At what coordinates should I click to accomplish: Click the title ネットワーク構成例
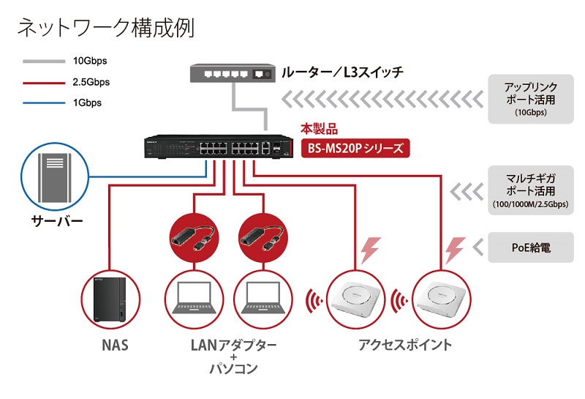(106, 28)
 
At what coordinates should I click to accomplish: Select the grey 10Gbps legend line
(44, 61)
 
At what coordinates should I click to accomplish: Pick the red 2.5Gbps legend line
(44, 83)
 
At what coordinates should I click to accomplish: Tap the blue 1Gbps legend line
(44, 103)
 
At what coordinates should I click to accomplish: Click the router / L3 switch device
(233, 73)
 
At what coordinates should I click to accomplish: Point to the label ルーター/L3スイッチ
(342, 72)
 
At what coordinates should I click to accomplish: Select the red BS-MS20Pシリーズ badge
(355, 149)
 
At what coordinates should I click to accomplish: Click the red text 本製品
(320, 130)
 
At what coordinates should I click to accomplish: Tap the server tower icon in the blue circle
(54, 178)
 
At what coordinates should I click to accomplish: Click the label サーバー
(57, 221)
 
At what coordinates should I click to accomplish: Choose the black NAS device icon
(110, 299)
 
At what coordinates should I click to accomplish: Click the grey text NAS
(116, 345)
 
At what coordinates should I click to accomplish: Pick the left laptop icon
(194, 298)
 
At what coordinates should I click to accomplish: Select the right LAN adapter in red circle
(263, 238)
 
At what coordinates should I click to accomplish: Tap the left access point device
(355, 299)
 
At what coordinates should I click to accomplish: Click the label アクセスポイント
(405, 344)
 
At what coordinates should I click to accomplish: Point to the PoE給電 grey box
(531, 247)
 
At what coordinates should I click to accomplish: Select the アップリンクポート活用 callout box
(531, 99)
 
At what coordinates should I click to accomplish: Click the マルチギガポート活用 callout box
(531, 190)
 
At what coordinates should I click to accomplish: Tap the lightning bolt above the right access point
(455, 250)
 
